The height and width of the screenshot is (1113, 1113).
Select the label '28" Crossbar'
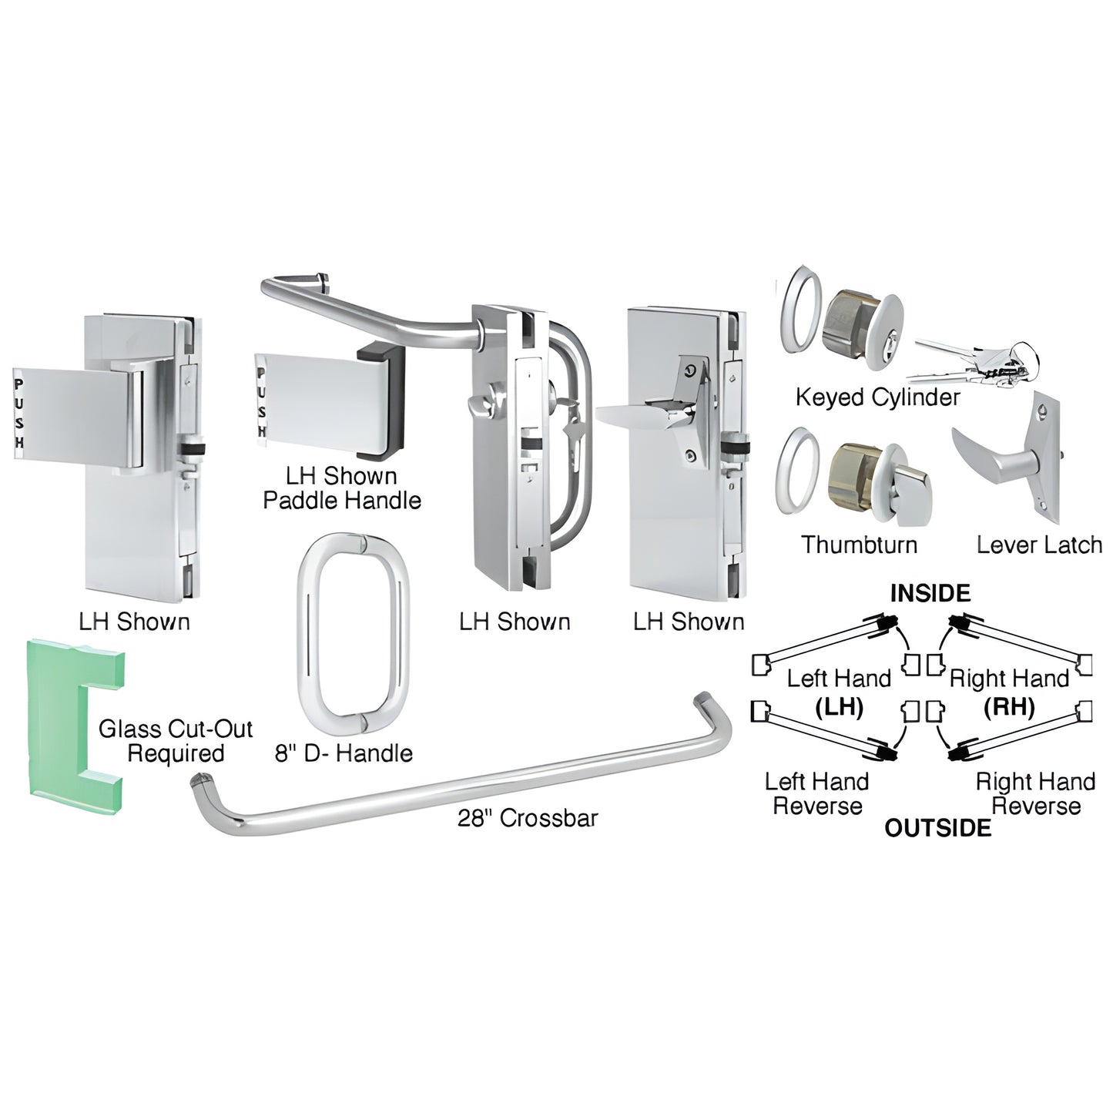(528, 817)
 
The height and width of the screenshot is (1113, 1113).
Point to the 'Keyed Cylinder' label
(877, 397)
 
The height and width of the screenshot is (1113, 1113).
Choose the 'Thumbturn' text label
(859, 545)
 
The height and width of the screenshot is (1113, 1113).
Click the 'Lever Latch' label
(1039, 545)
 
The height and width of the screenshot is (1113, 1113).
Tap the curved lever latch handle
(994, 454)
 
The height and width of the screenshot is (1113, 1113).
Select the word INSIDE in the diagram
(930, 593)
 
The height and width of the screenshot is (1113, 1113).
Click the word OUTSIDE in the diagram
(937, 828)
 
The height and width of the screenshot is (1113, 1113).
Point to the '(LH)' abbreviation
(839, 706)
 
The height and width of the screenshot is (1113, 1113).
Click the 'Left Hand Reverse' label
(816, 793)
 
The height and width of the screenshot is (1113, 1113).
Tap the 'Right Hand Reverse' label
(1035, 793)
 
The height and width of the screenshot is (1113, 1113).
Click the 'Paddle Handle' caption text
(342, 500)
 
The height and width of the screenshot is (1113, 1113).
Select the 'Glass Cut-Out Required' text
(176, 741)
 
